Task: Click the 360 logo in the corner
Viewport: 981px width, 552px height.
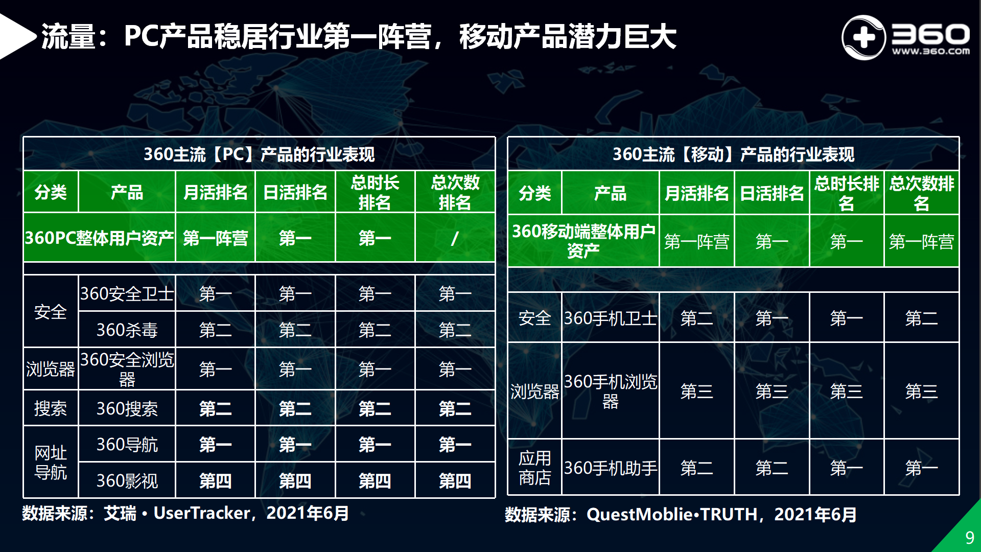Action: [905, 37]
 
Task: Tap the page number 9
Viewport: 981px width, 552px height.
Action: [969, 538]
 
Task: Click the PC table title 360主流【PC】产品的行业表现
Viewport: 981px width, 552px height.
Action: [259, 154]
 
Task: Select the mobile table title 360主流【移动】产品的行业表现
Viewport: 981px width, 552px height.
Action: [733, 154]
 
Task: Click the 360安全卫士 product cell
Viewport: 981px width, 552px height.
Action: [127, 293]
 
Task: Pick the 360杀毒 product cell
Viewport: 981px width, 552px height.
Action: [127, 330]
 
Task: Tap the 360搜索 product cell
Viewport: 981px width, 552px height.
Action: [127, 408]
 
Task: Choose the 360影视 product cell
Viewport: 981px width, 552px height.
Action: [127, 480]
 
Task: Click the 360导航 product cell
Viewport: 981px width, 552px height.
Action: [127, 444]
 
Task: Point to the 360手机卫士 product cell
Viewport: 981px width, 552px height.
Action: [610, 318]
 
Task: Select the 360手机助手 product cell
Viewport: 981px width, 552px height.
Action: [610, 468]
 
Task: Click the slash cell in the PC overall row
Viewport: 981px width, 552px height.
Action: [455, 238]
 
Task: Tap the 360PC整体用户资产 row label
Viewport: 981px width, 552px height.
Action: [100, 238]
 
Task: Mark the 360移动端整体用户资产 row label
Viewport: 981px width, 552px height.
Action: [583, 241]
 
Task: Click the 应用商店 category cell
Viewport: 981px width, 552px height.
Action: [534, 468]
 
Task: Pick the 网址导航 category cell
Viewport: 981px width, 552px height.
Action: [51, 463]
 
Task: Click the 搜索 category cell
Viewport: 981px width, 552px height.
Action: [51, 408]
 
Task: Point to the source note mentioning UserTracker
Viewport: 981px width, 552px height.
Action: [185, 513]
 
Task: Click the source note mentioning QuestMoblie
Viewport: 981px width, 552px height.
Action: [681, 514]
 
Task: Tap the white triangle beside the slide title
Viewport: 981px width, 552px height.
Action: [15, 37]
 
